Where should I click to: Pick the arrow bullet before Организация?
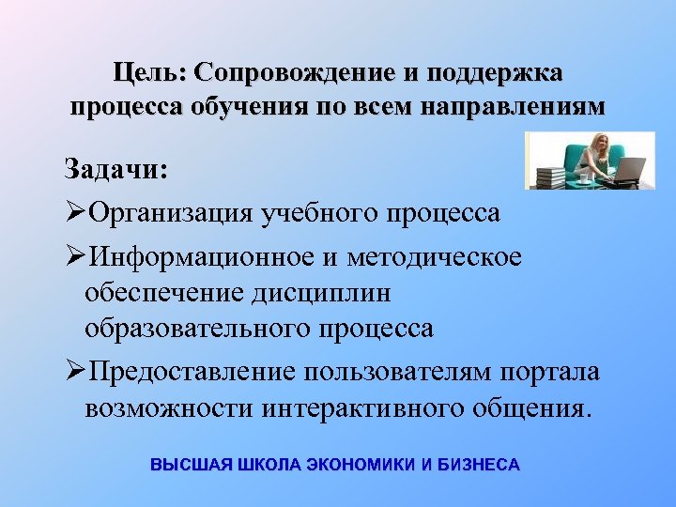(74, 213)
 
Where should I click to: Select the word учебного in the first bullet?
(319, 213)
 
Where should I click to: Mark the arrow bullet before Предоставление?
(74, 372)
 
